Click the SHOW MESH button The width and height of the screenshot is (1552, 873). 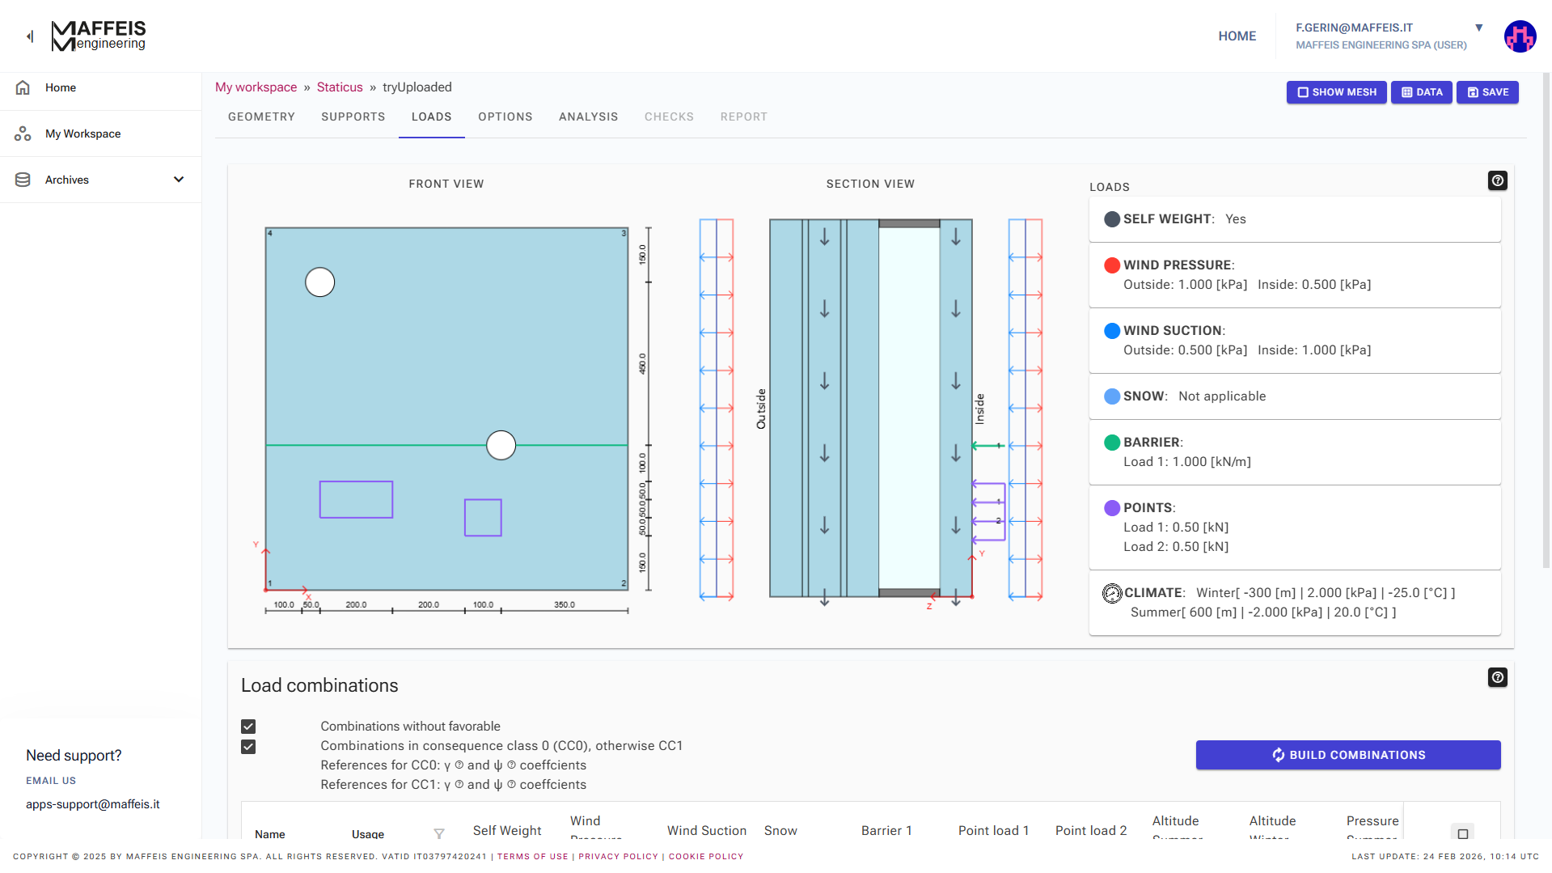[x=1336, y=92]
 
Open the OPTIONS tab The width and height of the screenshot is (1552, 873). [x=505, y=117]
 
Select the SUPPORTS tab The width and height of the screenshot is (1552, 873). [x=353, y=117]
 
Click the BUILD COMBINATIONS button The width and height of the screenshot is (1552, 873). [x=1347, y=755]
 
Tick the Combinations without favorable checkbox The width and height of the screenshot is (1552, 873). [x=248, y=727]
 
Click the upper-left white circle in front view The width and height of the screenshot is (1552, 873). [x=319, y=282]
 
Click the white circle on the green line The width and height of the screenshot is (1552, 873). [x=501, y=445]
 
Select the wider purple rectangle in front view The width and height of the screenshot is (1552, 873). [x=356, y=499]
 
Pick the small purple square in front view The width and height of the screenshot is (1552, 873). [x=483, y=518]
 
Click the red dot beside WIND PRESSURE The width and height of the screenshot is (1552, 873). [x=1112, y=265]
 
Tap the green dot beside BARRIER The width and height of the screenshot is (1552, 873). [x=1112, y=443]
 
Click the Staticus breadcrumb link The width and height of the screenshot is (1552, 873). [x=340, y=87]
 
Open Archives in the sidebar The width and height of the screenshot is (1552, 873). [x=100, y=180]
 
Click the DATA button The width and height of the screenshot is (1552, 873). [x=1421, y=92]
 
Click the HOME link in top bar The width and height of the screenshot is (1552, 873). [x=1237, y=36]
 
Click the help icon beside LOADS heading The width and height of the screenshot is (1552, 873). [x=1497, y=180]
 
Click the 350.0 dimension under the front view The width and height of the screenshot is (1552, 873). [x=565, y=604]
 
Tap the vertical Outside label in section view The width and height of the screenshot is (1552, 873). [x=761, y=409]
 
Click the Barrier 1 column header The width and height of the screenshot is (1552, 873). [x=886, y=830]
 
